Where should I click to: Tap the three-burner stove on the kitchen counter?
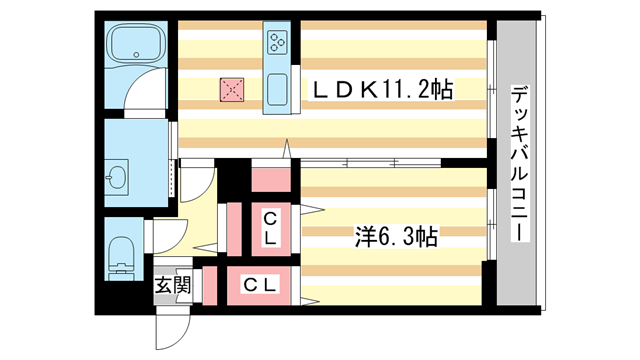[x=277, y=41]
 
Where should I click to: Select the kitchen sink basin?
[x=277, y=84]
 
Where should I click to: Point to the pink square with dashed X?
[x=232, y=90]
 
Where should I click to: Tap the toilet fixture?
[x=120, y=254]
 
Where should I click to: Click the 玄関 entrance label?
[x=166, y=285]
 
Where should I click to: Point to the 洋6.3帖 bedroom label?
[x=396, y=237]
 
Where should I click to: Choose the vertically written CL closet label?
[x=270, y=227]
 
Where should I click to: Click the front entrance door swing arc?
[x=173, y=326]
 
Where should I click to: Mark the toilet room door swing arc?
[x=166, y=238]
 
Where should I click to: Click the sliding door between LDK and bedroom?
[x=370, y=162]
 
